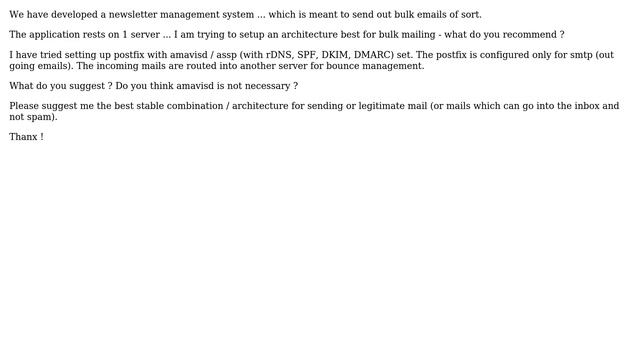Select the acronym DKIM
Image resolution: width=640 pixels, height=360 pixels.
point(342,55)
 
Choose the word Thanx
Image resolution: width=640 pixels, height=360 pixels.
point(23,137)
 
